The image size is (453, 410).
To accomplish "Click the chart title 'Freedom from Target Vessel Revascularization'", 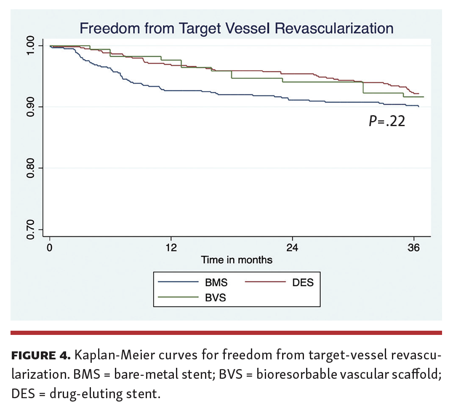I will (236, 29).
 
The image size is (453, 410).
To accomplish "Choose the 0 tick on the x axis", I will (50, 248).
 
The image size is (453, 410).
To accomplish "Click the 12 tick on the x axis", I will (171, 248).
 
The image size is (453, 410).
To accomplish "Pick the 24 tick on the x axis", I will (292, 248).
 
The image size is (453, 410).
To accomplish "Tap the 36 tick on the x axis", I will (413, 248).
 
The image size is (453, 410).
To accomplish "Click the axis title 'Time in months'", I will (236, 260).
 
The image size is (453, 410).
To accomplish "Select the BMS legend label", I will (216, 282).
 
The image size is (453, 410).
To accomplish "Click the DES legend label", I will (303, 282).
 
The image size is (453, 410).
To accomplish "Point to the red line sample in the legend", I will (264, 282).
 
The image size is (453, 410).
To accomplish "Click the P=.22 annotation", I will (386, 122).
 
